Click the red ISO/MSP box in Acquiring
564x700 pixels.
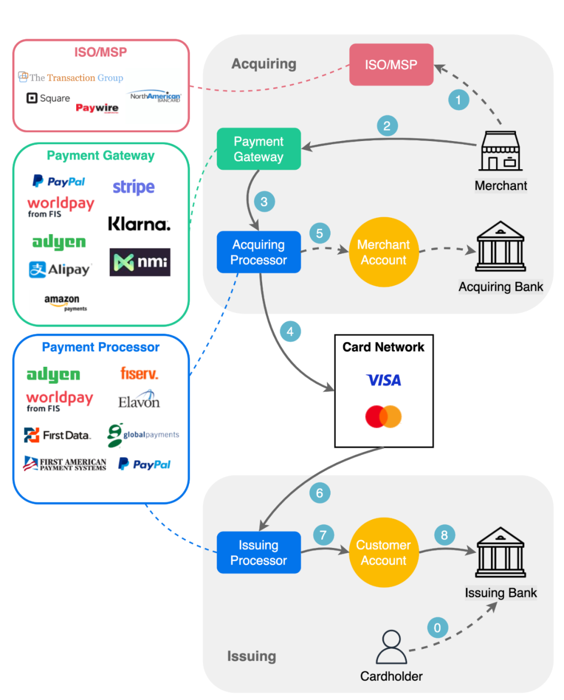[391, 65]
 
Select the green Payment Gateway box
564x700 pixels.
[258, 149]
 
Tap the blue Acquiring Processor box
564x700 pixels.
[258, 252]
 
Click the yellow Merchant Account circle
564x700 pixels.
[383, 252]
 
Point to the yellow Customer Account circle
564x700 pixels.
[383, 552]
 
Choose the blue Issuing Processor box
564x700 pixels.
[258, 552]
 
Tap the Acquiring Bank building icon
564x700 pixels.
[500, 247]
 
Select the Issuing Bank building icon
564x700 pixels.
[500, 552]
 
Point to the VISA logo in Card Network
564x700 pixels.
[384, 380]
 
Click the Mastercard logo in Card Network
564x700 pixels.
[383, 417]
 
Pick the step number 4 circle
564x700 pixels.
[290, 331]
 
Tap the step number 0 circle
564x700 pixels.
[438, 627]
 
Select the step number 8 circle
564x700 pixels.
[444, 535]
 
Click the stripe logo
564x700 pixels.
[134, 187]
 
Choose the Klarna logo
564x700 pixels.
[139, 224]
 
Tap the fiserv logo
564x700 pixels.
[139, 374]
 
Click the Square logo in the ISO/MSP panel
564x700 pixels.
[48, 98]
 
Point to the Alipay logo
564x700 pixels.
[60, 270]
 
